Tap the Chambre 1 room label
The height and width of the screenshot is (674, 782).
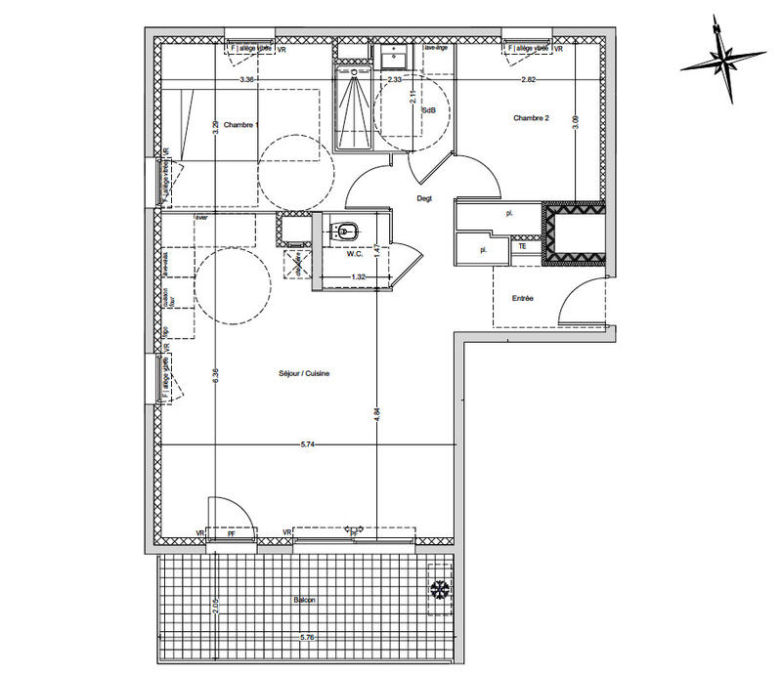(240, 125)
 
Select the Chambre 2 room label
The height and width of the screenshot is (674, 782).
(532, 118)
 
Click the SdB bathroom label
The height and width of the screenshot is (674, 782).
(428, 111)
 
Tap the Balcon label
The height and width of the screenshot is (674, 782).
(303, 600)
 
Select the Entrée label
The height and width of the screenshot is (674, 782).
(521, 298)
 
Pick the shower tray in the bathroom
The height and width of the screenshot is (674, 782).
(357, 107)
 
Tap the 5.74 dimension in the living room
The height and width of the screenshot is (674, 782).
(305, 444)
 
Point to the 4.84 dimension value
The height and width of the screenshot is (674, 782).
(377, 413)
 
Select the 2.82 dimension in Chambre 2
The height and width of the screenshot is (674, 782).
(528, 79)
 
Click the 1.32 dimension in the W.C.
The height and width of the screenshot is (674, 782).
(359, 278)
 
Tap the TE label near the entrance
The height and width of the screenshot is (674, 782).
(523, 248)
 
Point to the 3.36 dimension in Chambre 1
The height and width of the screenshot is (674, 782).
(247, 79)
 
